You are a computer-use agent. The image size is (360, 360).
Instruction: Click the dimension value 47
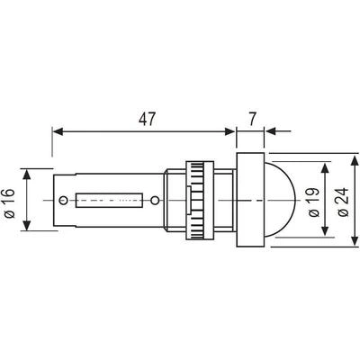tap(148, 119)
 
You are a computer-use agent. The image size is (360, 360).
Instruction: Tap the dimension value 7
tap(252, 119)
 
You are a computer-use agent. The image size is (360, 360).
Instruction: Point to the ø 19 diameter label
tap(314, 202)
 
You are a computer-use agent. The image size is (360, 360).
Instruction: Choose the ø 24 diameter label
tap(343, 202)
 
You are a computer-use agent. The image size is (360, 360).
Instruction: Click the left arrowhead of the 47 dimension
tap(58, 131)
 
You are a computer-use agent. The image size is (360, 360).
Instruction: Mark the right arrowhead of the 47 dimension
tap(229, 131)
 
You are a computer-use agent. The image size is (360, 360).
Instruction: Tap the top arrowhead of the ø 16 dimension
tap(27, 174)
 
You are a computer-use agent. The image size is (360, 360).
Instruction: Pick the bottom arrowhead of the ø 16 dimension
tap(27, 226)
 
